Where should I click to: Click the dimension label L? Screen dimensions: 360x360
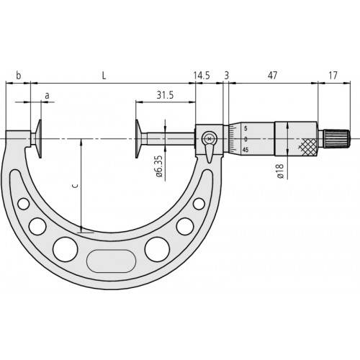(x=105, y=75)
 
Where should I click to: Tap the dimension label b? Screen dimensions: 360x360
(x=18, y=75)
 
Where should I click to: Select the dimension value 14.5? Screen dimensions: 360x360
(x=202, y=75)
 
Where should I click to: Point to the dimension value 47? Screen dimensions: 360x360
(x=273, y=75)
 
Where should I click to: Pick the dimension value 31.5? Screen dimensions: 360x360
(x=165, y=94)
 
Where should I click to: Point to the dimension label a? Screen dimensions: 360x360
(x=47, y=94)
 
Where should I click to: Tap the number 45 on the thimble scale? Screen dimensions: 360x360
(x=246, y=150)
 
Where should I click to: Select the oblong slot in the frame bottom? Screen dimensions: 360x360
(x=112, y=258)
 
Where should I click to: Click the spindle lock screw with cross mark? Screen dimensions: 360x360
(x=210, y=138)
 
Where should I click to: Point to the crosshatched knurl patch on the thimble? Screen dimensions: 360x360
(x=307, y=147)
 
